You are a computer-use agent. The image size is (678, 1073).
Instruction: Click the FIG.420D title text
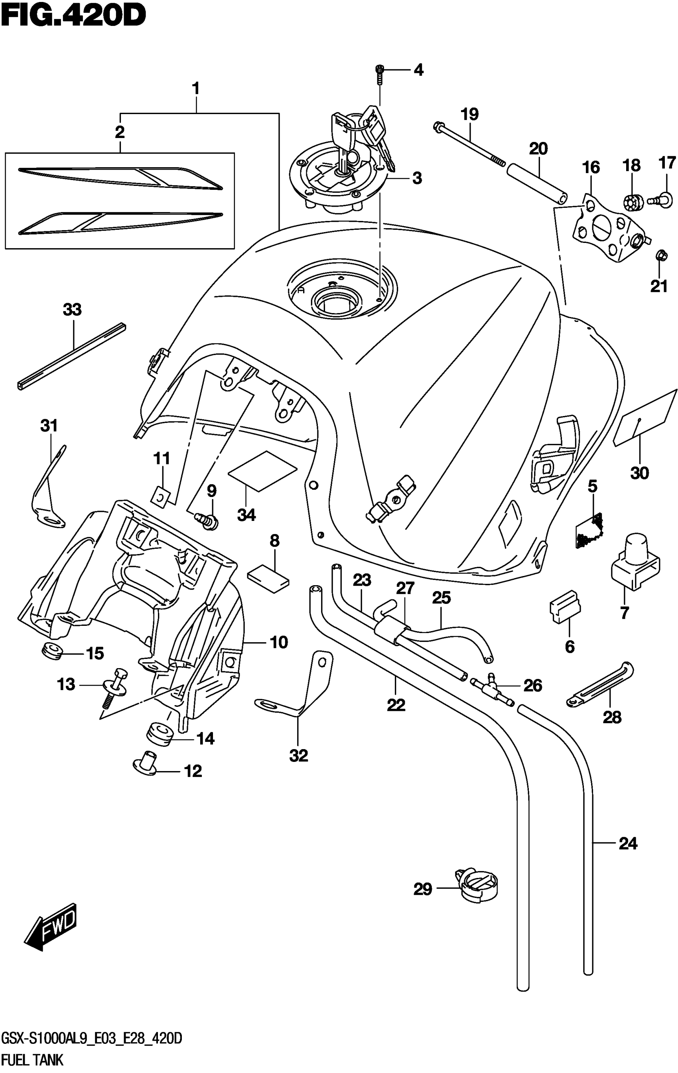pos(74,16)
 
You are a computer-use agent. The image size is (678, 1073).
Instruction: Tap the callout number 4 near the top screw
pos(418,70)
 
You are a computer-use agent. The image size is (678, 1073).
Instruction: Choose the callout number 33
pos(72,309)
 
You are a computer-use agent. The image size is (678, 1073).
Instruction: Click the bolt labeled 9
pos(207,520)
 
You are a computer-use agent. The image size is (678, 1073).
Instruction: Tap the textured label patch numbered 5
pos(589,530)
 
